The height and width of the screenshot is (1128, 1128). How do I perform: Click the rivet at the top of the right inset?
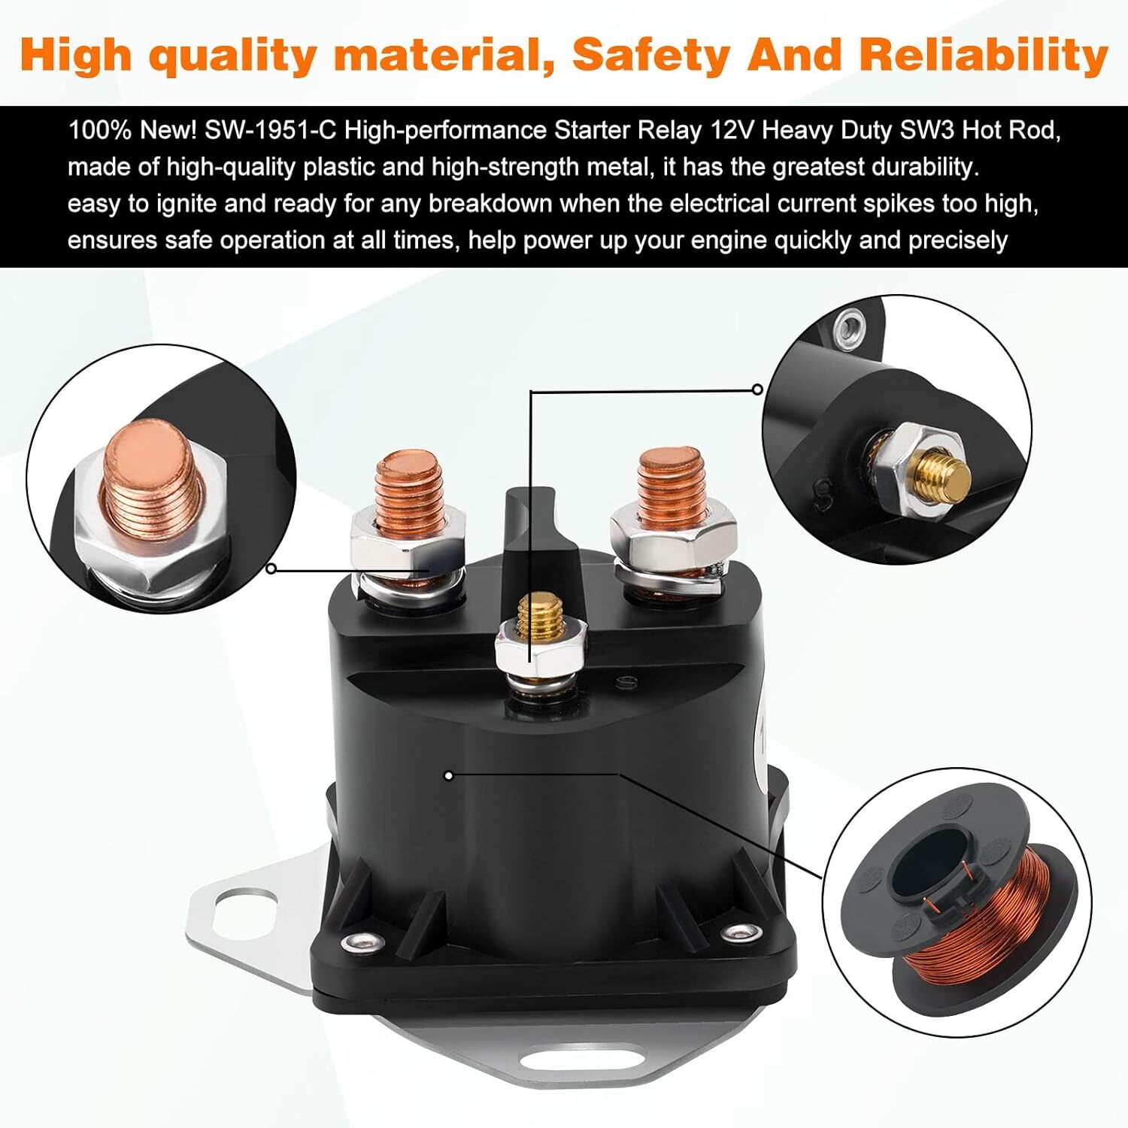[x=851, y=325]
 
